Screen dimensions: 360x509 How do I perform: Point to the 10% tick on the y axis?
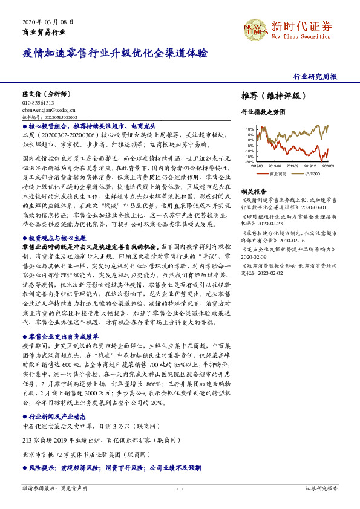pos(250,129)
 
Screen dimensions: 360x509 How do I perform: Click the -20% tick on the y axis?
pos(249,162)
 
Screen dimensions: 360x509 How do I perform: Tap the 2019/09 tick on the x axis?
pos(293,166)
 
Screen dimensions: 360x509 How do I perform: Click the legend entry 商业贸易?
pos(278,173)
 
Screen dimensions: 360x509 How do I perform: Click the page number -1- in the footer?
pos(180,487)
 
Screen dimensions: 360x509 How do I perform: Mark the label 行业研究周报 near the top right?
pos(315,77)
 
